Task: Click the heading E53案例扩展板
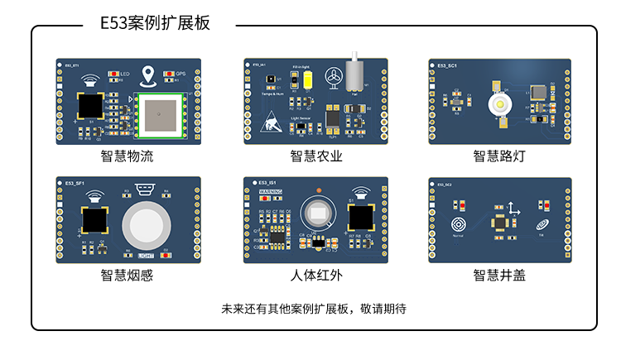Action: click(155, 23)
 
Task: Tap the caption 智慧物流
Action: click(128, 156)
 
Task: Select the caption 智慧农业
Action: click(315, 156)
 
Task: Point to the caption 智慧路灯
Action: click(499, 156)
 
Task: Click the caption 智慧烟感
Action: click(128, 276)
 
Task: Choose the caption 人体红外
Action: click(315, 276)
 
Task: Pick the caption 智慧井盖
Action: click(499, 276)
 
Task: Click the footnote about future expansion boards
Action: click(314, 309)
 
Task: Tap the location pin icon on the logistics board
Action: click(149, 76)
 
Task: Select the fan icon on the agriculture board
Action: click(333, 77)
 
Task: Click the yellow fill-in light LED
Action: click(307, 79)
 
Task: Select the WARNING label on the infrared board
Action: click(272, 192)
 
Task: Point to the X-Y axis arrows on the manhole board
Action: click(513, 209)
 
